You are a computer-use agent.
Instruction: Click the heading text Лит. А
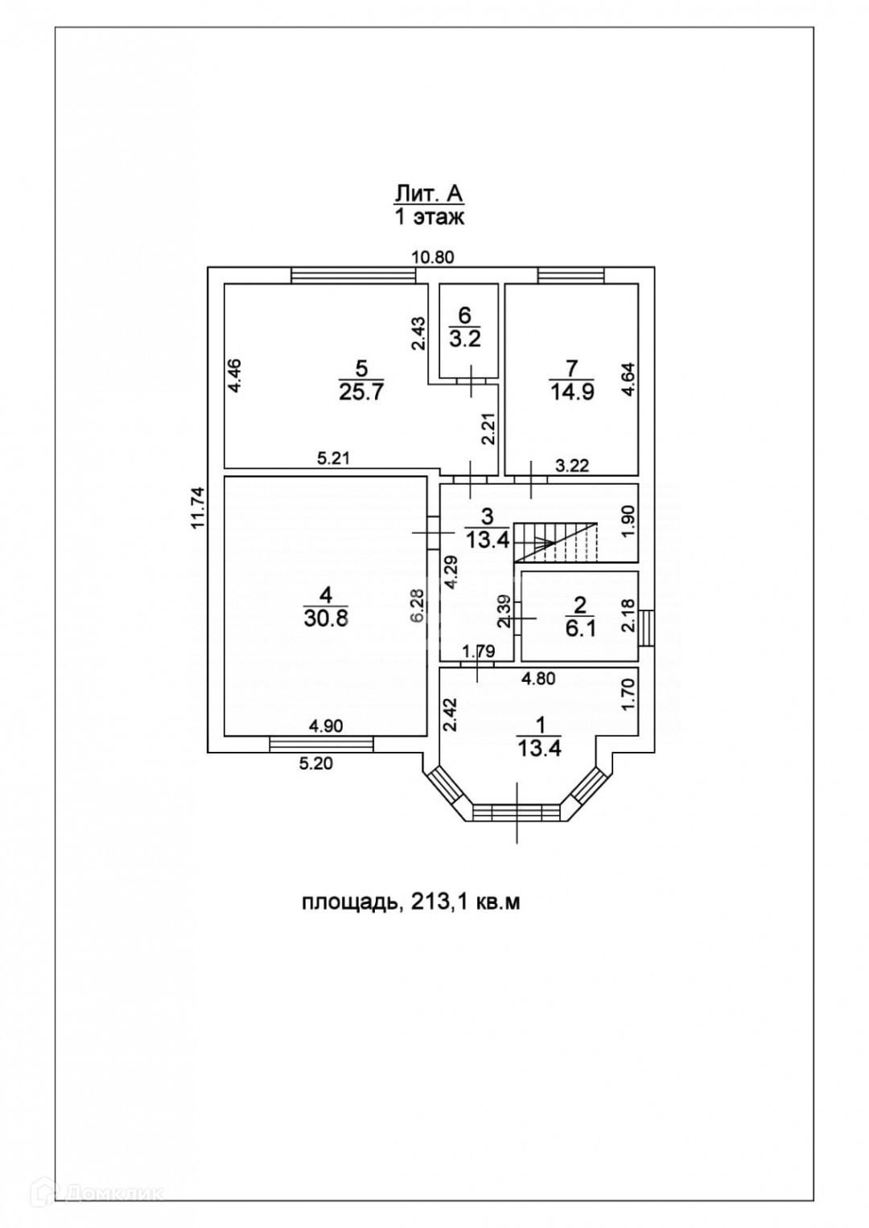(x=429, y=193)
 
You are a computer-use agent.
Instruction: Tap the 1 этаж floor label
(x=429, y=216)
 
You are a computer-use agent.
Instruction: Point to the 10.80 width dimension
(x=434, y=257)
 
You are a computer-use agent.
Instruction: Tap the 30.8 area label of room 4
(x=325, y=619)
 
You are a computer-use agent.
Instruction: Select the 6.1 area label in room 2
(x=579, y=629)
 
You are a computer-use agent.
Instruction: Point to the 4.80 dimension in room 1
(x=538, y=679)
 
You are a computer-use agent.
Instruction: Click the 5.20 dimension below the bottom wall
(x=315, y=765)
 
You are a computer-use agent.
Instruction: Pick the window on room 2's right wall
(x=647, y=627)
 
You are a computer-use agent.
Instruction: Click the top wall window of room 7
(x=570, y=275)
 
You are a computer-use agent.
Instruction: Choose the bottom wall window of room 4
(x=321, y=745)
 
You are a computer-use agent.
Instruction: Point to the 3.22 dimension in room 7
(x=573, y=464)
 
